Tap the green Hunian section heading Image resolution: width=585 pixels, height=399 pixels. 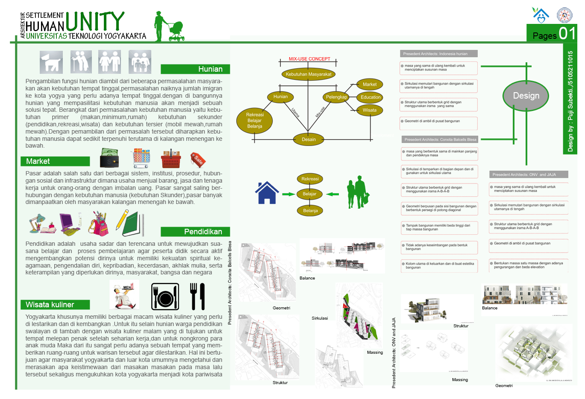tap(195, 69)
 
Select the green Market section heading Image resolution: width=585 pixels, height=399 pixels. tap(55, 161)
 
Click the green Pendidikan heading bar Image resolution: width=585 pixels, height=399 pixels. tap(195, 232)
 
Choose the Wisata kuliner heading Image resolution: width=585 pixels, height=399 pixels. tap(55, 305)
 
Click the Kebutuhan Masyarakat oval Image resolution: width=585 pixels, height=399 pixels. tap(308, 74)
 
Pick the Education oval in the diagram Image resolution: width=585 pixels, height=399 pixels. tap(370, 97)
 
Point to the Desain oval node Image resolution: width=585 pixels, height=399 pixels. tap(309, 139)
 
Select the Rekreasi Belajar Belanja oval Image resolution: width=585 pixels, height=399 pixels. tap(255, 120)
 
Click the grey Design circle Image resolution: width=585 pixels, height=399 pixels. tap(526, 96)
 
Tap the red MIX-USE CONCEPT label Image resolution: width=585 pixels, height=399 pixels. tap(309, 59)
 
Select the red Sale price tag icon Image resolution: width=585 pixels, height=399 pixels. tap(198, 160)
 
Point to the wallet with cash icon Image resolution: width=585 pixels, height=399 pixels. tap(109, 158)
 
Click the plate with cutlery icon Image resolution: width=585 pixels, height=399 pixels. tap(165, 297)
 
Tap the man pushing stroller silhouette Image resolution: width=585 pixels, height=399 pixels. tap(169, 26)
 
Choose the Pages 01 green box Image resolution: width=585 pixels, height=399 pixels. tap(552, 33)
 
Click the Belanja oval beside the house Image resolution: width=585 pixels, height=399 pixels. tap(310, 210)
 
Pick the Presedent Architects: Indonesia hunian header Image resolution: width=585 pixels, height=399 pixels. tap(438, 54)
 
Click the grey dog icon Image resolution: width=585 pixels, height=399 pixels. tap(51, 62)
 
